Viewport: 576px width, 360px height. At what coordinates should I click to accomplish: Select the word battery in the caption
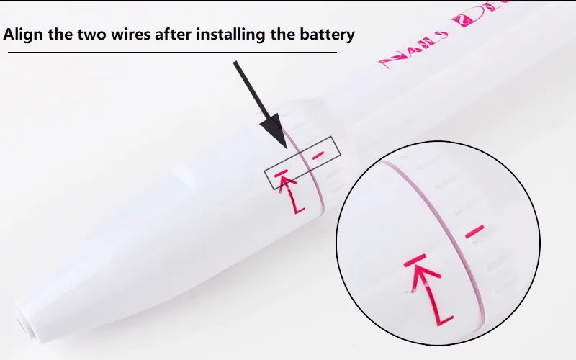coord(328,35)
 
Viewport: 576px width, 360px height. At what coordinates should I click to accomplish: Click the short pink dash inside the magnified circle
coord(474,231)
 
